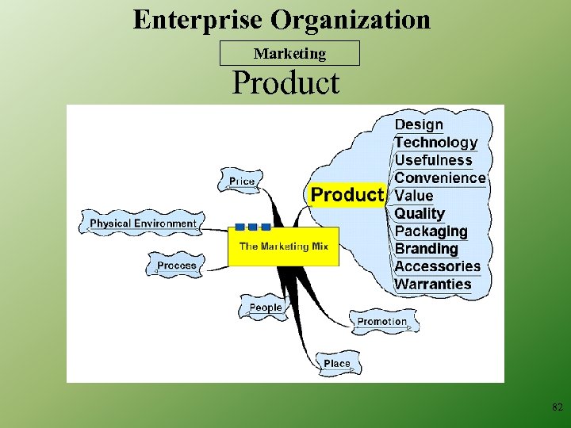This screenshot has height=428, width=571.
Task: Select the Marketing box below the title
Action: pyautogui.click(x=289, y=53)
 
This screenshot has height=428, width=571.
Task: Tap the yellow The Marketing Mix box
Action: pyautogui.click(x=283, y=246)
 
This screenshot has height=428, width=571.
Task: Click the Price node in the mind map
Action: pyautogui.click(x=242, y=182)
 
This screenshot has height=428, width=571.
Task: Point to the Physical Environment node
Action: pyautogui.click(x=143, y=224)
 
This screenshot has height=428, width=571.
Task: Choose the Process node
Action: pyautogui.click(x=176, y=266)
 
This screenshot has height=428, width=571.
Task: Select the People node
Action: pyautogui.click(x=266, y=308)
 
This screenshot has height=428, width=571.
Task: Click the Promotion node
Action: pyautogui.click(x=382, y=322)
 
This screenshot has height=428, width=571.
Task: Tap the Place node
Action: pyautogui.click(x=336, y=364)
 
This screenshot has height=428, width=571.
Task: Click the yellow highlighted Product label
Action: pyautogui.click(x=347, y=195)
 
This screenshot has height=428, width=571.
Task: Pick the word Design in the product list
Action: pyautogui.click(x=419, y=124)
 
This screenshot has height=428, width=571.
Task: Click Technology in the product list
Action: pyautogui.click(x=436, y=143)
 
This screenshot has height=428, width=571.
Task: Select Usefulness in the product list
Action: pyautogui.click(x=433, y=160)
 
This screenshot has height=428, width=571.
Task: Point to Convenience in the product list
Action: pyautogui.click(x=439, y=178)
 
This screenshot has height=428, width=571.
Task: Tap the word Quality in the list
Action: pyautogui.click(x=420, y=213)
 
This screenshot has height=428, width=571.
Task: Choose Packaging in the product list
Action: pyautogui.click(x=431, y=231)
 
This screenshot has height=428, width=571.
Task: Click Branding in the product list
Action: pyautogui.click(x=427, y=249)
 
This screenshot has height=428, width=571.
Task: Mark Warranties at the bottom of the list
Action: pyautogui.click(x=432, y=284)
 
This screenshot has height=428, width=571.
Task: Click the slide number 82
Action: pyautogui.click(x=557, y=407)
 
